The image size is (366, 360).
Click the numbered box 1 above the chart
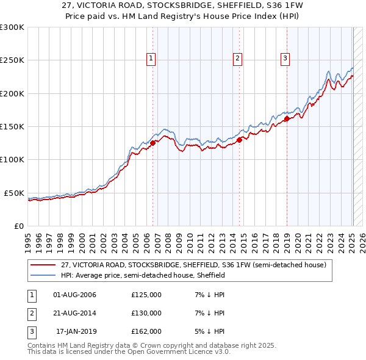click(151, 59)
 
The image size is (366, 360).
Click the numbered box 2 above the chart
click(237, 59)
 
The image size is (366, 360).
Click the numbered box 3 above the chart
click(285, 59)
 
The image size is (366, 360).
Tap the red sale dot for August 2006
click(153, 143)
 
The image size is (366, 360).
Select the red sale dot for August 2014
click(240, 140)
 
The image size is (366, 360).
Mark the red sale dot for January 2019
click(287, 119)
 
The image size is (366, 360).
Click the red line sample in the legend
click(43, 265)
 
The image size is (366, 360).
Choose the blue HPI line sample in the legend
click(43, 275)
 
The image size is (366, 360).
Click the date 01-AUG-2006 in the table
click(75, 295)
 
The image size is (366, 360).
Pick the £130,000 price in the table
click(146, 313)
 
